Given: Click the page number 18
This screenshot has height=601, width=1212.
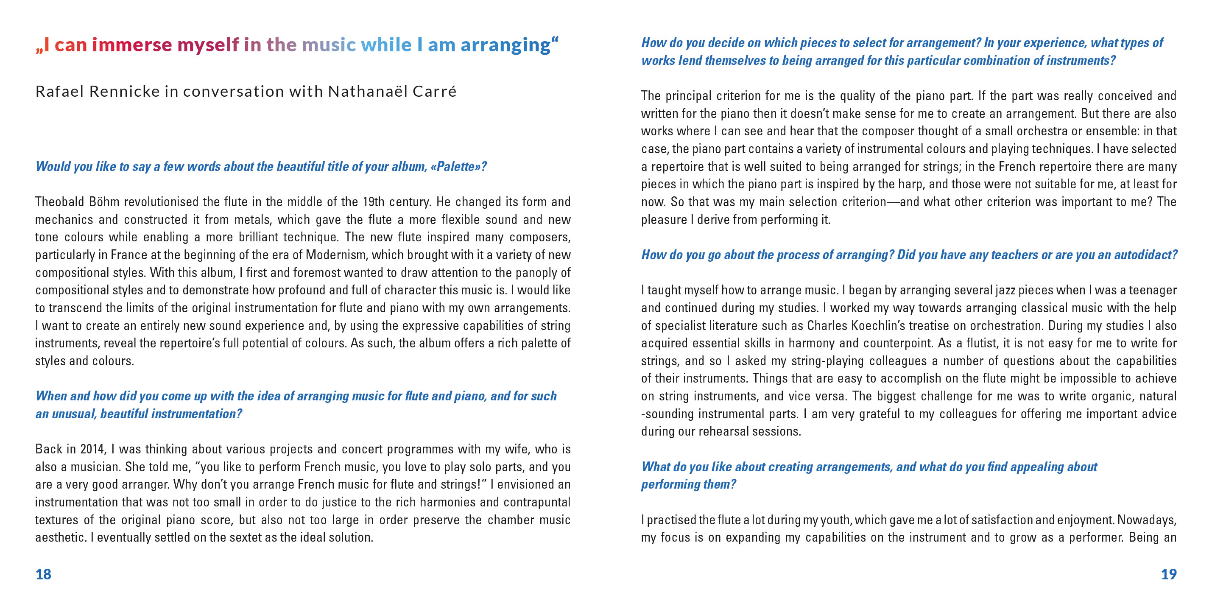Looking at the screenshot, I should (43, 574).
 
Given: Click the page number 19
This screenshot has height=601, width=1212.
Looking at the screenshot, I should (1169, 574).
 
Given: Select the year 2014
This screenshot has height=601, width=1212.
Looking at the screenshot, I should (92, 449).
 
